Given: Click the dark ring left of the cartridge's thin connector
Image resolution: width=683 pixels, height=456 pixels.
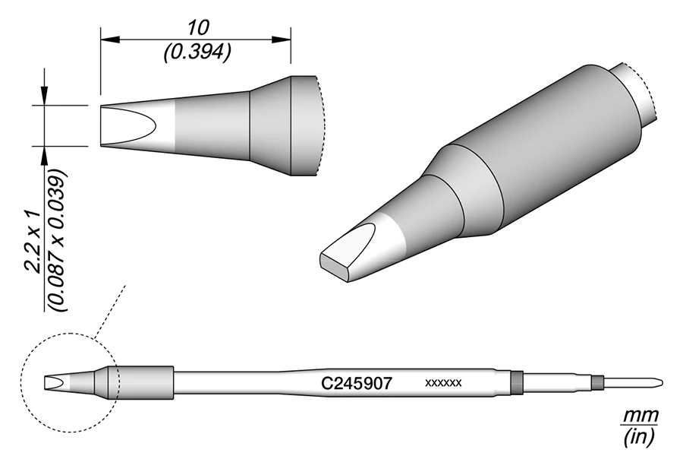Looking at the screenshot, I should (x=517, y=382).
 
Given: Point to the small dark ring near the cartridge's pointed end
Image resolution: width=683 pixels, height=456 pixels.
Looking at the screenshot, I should (x=597, y=382).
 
